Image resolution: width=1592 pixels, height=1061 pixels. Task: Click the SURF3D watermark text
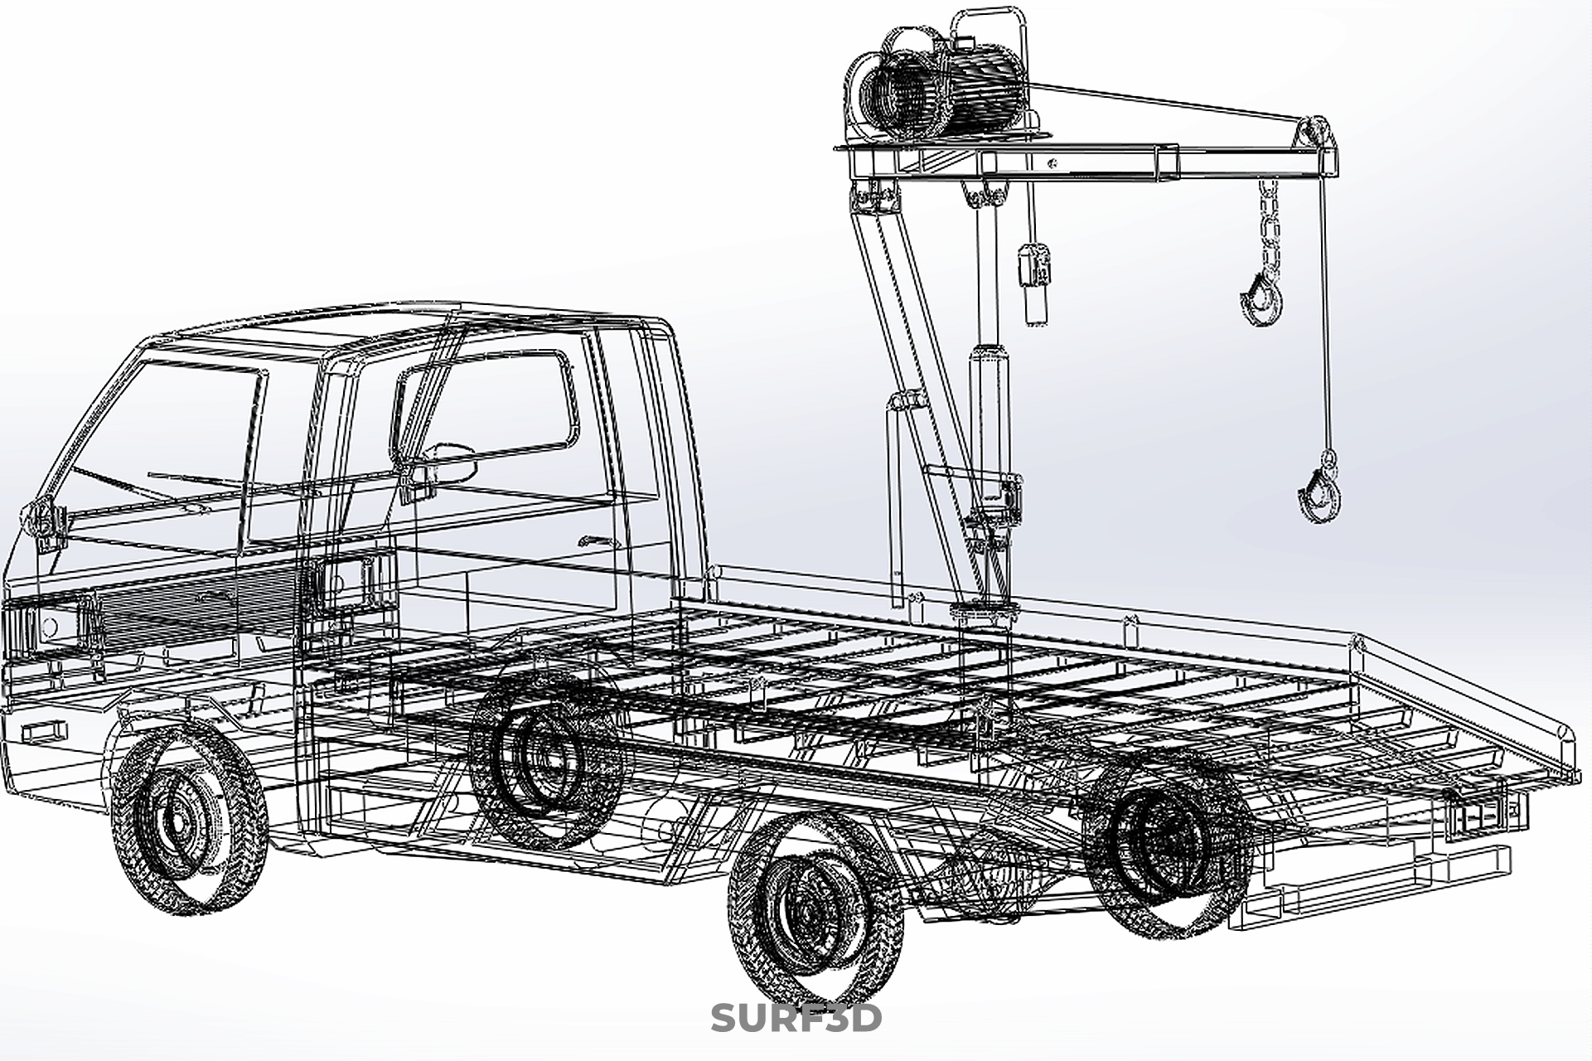tap(796, 1018)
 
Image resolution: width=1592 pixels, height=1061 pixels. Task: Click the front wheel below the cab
tap(188, 816)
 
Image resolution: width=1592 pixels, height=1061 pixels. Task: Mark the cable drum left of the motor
tap(899, 99)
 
